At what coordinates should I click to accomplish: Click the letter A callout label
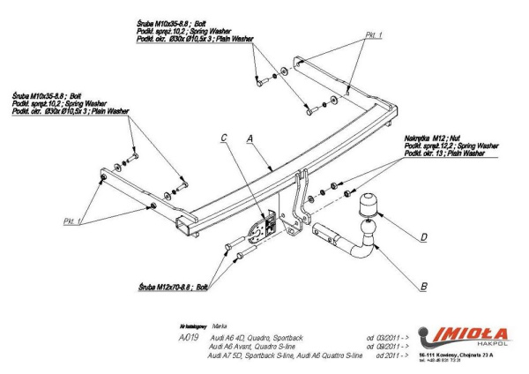(x=251, y=138)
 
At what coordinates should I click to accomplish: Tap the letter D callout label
(x=424, y=236)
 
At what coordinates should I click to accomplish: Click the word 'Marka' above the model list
(x=209, y=325)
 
